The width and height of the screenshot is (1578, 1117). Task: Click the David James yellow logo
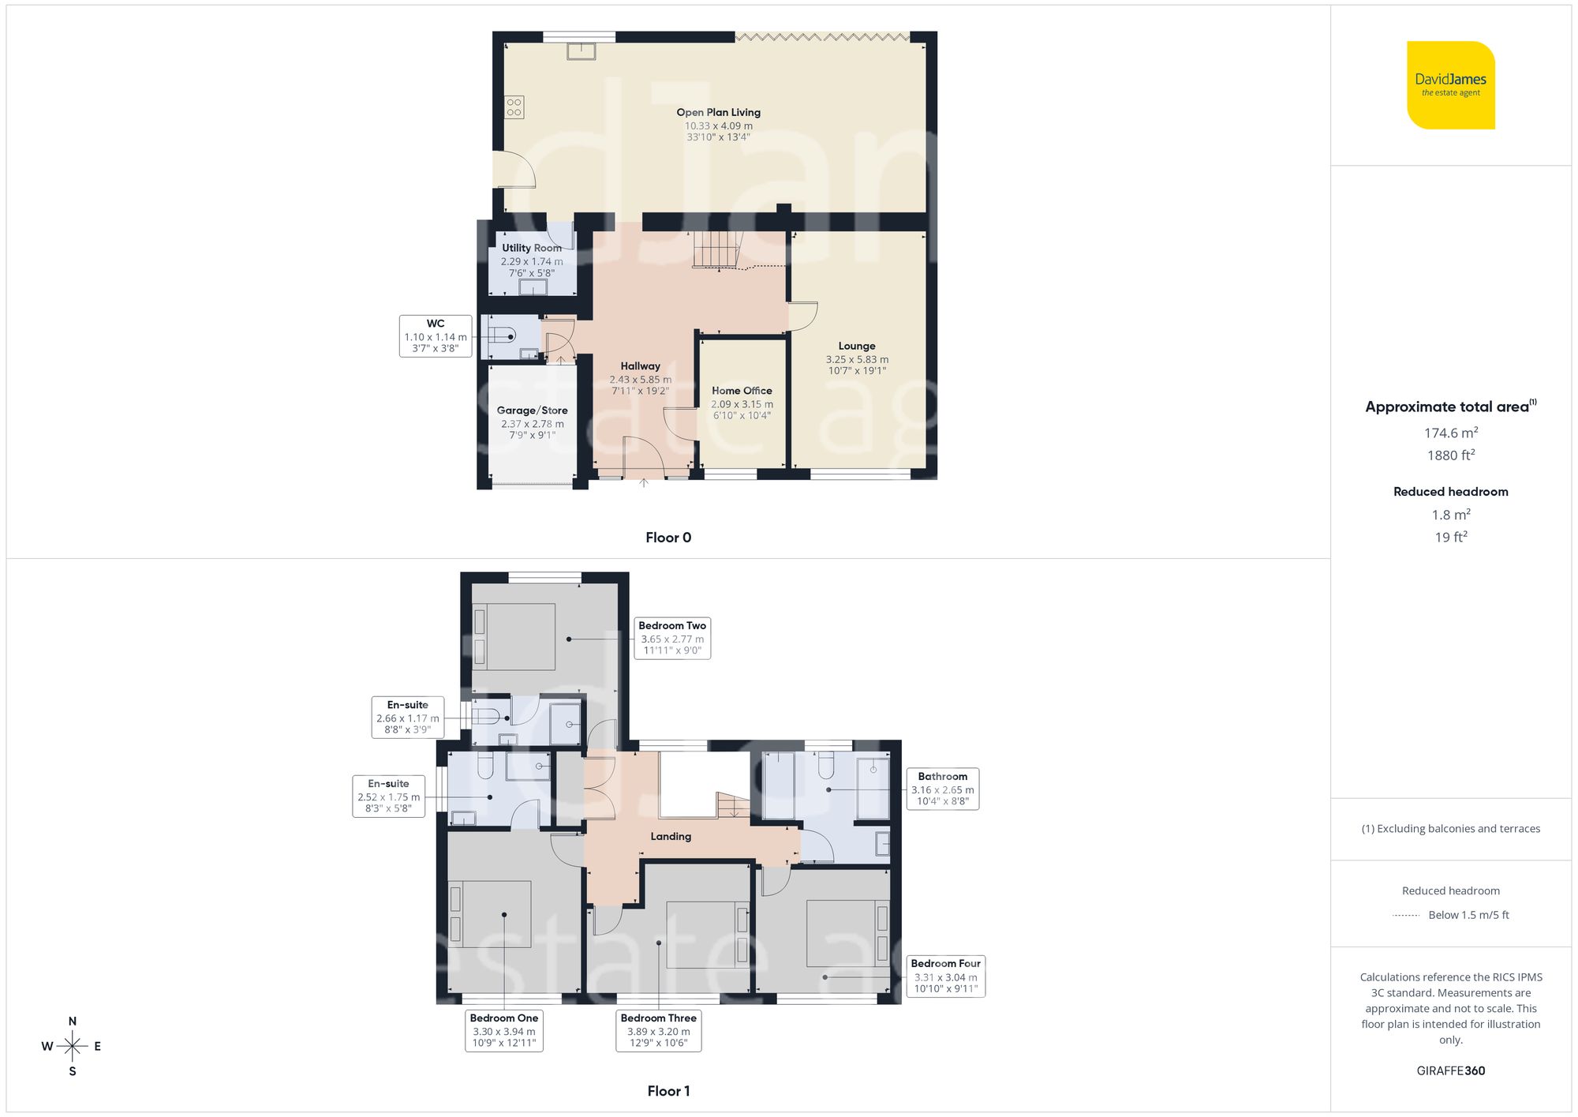pyautogui.click(x=1450, y=85)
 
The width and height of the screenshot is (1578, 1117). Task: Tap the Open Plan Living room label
pyautogui.click(x=718, y=112)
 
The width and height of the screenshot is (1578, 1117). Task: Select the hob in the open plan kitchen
pyautogui.click(x=514, y=107)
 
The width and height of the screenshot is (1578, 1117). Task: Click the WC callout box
pyautogui.click(x=436, y=336)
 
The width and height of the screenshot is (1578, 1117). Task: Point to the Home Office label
pyautogui.click(x=742, y=391)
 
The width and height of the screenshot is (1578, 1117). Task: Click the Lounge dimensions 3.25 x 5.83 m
pyautogui.click(x=857, y=359)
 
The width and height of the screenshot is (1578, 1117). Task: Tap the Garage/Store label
pyautogui.click(x=532, y=410)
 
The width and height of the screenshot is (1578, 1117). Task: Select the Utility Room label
pyautogui.click(x=532, y=248)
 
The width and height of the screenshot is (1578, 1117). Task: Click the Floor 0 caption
pyautogui.click(x=668, y=538)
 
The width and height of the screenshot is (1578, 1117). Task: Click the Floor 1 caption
pyautogui.click(x=668, y=1091)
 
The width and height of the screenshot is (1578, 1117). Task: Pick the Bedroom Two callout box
pyautogui.click(x=672, y=638)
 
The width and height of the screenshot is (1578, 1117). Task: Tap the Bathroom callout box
pyautogui.click(x=942, y=789)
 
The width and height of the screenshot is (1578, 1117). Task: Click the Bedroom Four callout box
pyautogui.click(x=945, y=976)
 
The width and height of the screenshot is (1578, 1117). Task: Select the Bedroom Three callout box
pyautogui.click(x=658, y=1030)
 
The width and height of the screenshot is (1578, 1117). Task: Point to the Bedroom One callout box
pyautogui.click(x=503, y=1030)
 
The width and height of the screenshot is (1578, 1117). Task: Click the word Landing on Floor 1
pyautogui.click(x=671, y=836)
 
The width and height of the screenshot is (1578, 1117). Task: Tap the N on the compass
pyautogui.click(x=73, y=1021)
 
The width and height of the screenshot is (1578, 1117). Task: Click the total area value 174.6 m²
pyautogui.click(x=1450, y=433)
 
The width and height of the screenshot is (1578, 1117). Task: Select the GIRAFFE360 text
pyautogui.click(x=1450, y=1070)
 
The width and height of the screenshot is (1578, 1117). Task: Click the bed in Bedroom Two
pyautogui.click(x=514, y=637)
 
